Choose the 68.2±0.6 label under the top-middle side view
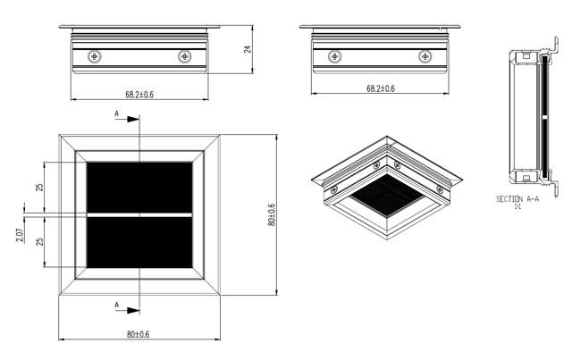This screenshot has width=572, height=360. click(380, 89)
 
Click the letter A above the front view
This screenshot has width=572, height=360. click(116, 113)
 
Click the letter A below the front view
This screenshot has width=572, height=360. click(116, 306)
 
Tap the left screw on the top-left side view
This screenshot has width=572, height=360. click(94, 56)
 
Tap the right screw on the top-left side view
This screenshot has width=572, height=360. click(184, 56)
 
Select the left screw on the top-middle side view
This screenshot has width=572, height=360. click(334, 56)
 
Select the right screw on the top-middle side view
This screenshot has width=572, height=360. click(425, 56)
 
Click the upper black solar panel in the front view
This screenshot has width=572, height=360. click(139, 187)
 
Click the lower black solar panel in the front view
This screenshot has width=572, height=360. click(139, 244)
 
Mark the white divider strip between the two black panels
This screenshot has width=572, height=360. click(139, 215)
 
